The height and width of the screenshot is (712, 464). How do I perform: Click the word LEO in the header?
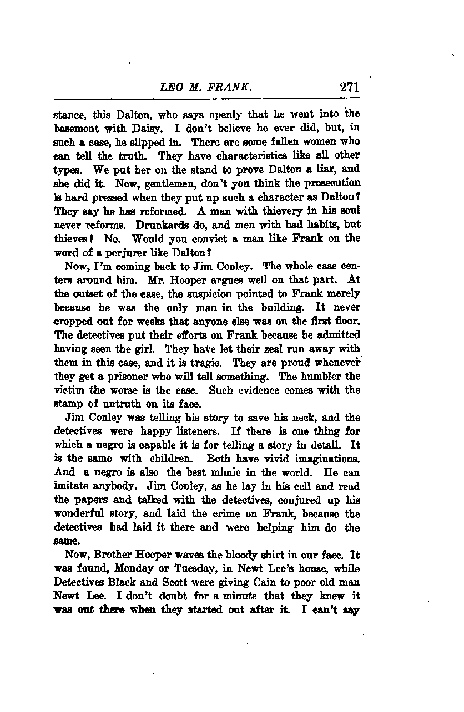coord(170,87)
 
